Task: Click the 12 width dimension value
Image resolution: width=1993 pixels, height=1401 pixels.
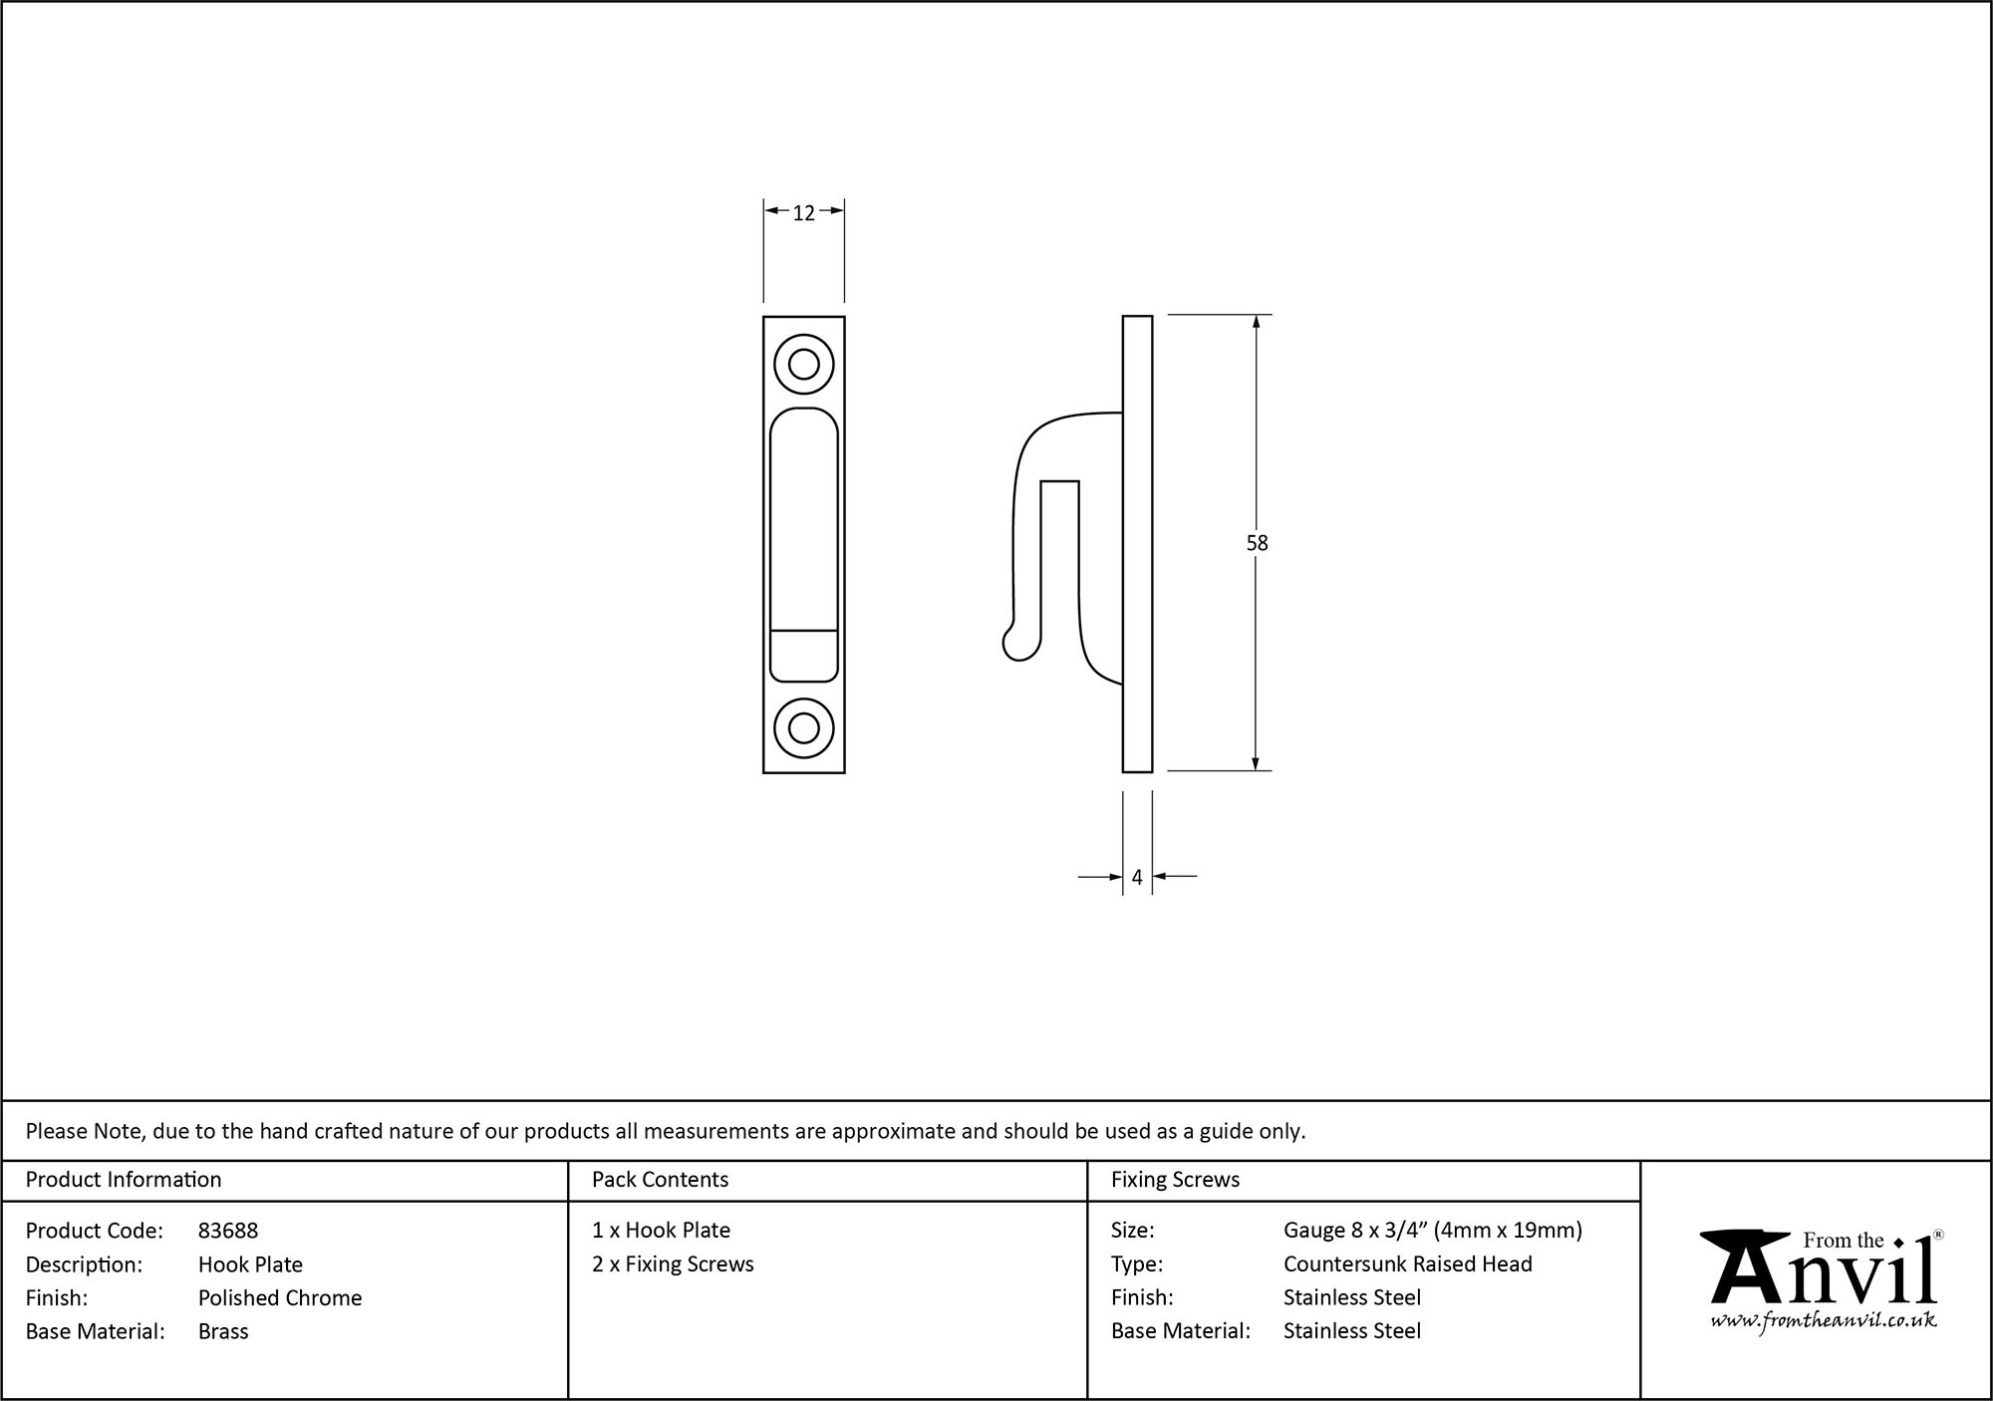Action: [x=803, y=213]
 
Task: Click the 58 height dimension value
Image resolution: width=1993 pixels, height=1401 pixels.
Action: [x=1257, y=543]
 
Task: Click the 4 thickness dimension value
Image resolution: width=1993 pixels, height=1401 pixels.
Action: [x=1137, y=878]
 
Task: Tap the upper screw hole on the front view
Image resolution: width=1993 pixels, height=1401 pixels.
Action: [x=804, y=365]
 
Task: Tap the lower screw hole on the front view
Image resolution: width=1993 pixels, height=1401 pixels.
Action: [x=804, y=727]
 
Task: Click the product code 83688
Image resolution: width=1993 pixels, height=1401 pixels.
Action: [x=228, y=1231]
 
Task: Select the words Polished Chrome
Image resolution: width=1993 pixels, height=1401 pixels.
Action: [x=280, y=1297]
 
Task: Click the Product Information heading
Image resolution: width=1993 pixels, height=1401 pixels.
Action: [x=124, y=1180]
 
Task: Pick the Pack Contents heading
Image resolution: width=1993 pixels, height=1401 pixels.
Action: [x=660, y=1180]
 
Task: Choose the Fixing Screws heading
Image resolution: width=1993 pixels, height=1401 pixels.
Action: [x=1175, y=1180]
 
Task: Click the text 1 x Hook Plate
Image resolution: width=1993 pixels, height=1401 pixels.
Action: [x=661, y=1231]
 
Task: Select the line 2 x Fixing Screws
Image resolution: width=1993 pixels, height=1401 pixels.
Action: [x=673, y=1264]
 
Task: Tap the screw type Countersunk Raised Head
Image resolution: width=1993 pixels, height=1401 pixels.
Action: [x=1407, y=1264]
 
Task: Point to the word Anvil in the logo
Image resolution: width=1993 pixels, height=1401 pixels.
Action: [x=1824, y=1276]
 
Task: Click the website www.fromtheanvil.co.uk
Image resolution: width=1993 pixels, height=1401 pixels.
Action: [x=1824, y=1321]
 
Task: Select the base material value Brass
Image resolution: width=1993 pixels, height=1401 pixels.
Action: [x=223, y=1331]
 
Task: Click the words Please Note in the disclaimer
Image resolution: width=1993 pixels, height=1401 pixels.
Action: [x=85, y=1131]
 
